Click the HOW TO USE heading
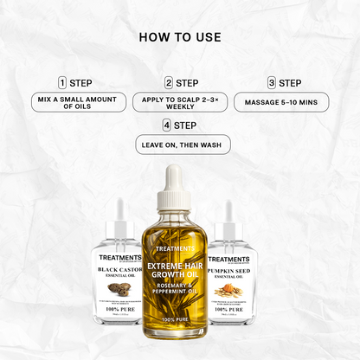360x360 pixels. (179, 38)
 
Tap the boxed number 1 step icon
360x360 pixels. (62, 83)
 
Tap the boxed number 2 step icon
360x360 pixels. (169, 83)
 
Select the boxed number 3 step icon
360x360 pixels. (271, 83)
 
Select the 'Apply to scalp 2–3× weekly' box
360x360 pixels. (181, 103)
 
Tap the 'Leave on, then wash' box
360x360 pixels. (181, 145)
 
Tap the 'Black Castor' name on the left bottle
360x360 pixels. (121, 270)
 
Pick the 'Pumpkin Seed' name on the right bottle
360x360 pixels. (229, 270)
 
